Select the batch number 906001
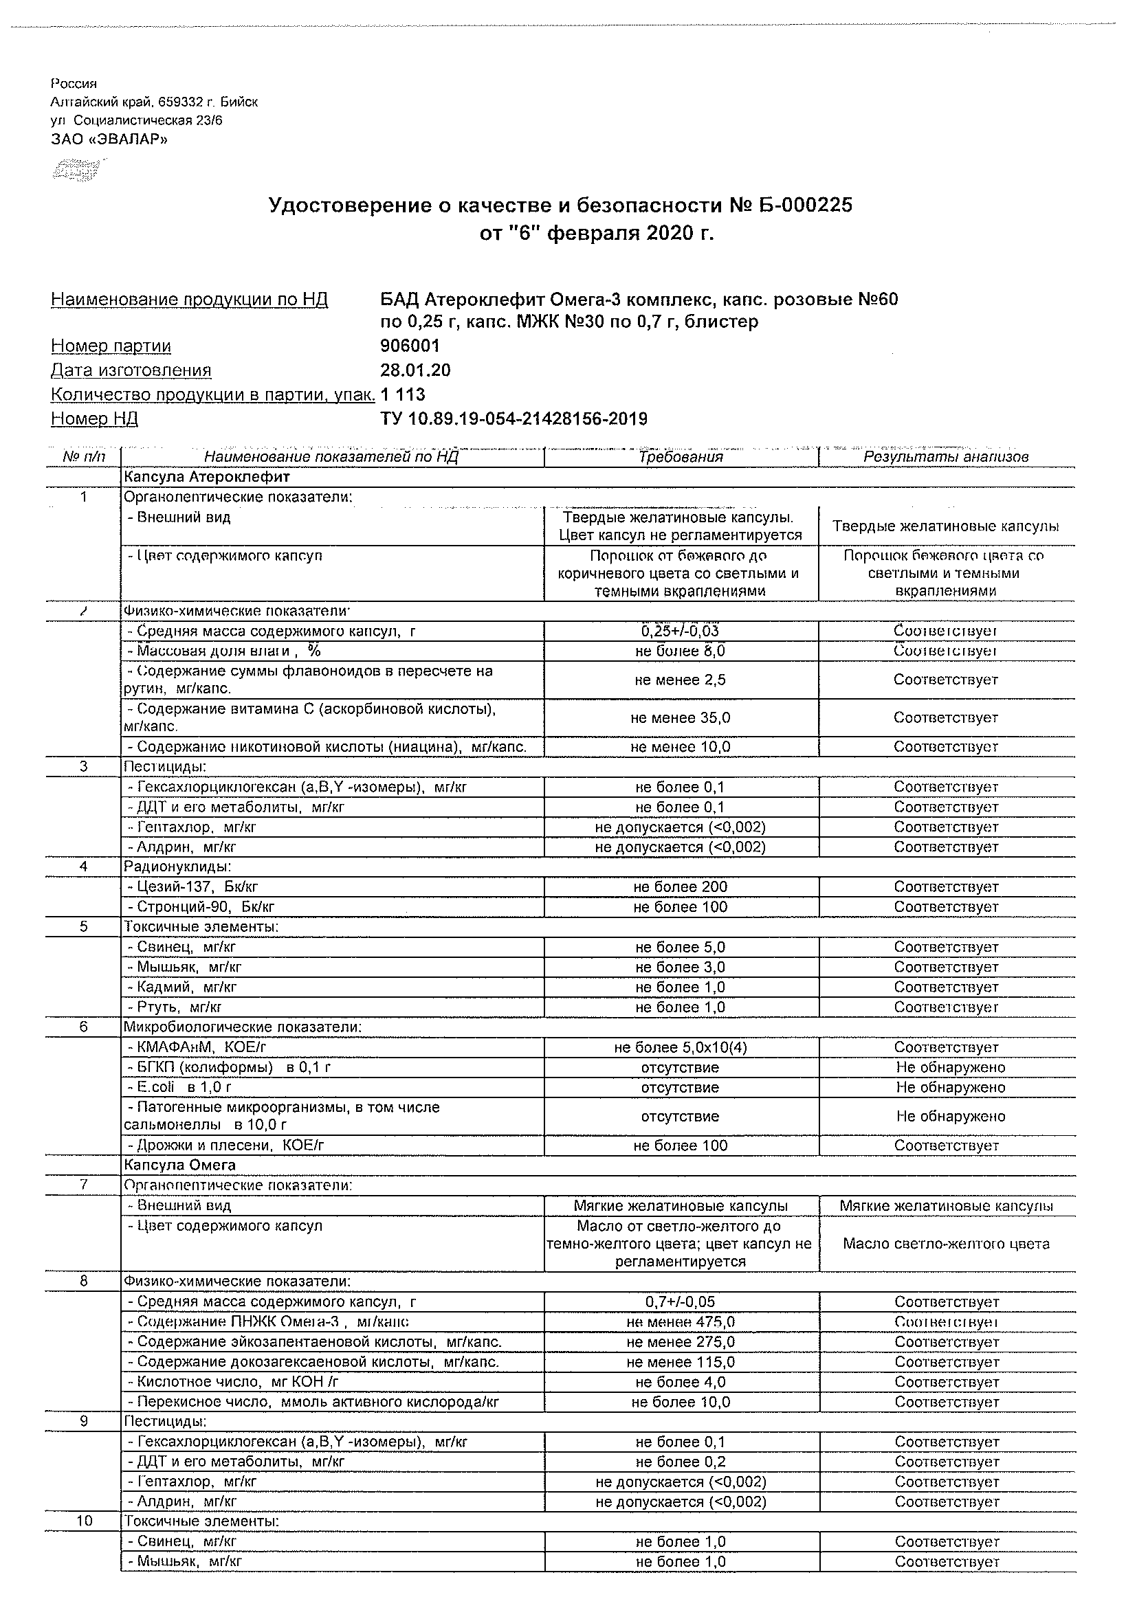410,346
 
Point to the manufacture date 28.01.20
415,370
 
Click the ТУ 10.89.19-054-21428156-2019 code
514,418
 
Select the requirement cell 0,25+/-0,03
681,631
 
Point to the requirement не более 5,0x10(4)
681,1048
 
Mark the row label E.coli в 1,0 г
179,1088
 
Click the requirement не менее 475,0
681,1322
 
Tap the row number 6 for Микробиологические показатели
83,1027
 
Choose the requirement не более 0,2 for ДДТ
681,1462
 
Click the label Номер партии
111,346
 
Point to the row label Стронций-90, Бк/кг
201,907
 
